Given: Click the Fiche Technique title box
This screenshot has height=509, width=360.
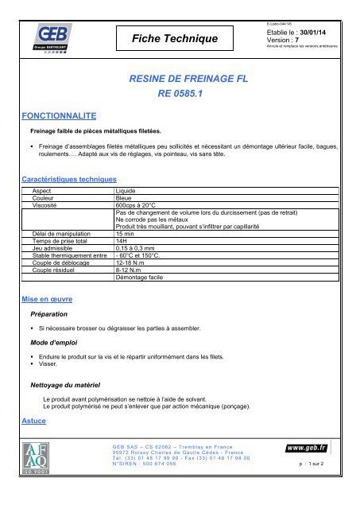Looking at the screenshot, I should (168, 37).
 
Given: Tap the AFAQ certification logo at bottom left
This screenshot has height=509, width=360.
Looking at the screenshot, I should (40, 466).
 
